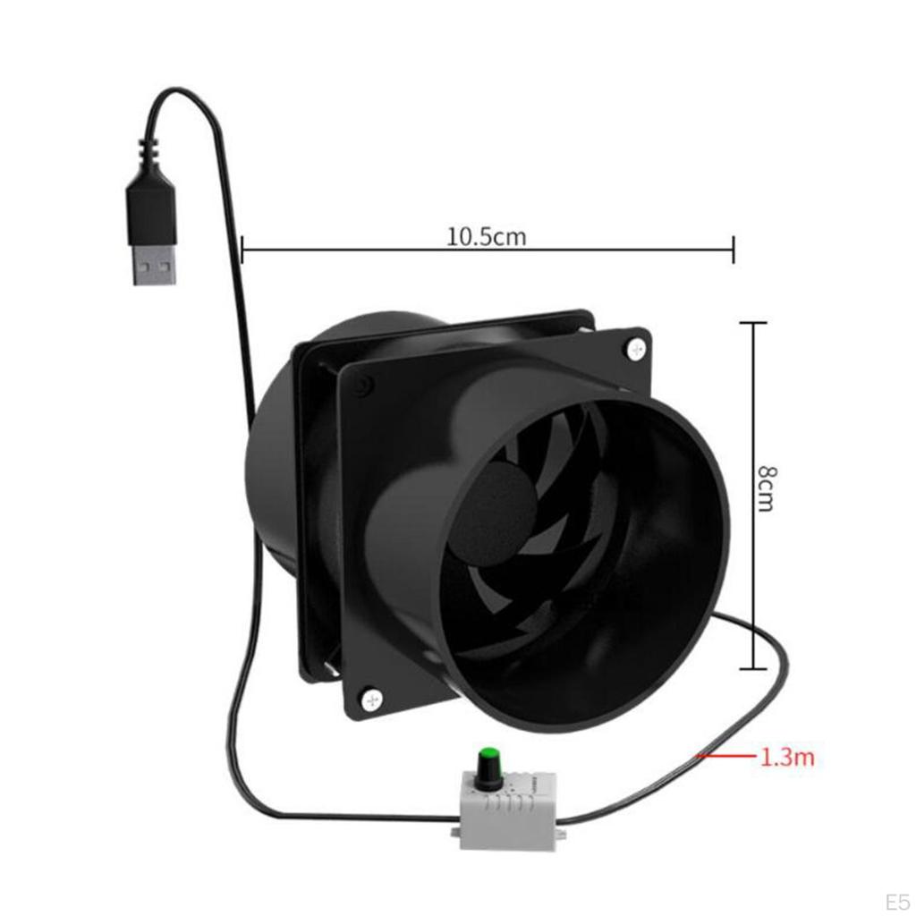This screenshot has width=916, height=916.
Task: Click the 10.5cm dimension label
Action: [486, 237]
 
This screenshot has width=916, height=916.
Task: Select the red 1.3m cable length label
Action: [786, 759]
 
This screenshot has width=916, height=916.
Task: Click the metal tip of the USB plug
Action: [154, 266]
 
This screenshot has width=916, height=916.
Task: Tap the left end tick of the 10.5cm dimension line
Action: [242, 250]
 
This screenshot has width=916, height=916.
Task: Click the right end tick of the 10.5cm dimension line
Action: [734, 250]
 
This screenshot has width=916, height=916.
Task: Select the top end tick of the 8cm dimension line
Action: [753, 323]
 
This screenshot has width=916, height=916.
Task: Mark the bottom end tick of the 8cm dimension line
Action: [753, 668]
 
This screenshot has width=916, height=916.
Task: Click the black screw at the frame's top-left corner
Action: [361, 386]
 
